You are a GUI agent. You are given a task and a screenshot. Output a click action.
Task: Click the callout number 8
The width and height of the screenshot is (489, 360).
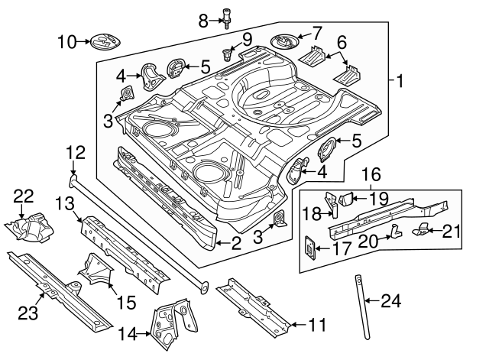pyautogui.click(x=203, y=20)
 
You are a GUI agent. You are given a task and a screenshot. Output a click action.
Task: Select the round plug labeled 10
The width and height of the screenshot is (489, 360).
pyautogui.click(x=105, y=41)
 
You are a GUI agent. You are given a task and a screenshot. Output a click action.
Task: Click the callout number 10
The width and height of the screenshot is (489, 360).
pyautogui.click(x=66, y=41)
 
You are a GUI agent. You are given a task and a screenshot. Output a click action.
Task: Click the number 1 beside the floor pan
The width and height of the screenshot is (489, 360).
pyautogui.click(x=400, y=79)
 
